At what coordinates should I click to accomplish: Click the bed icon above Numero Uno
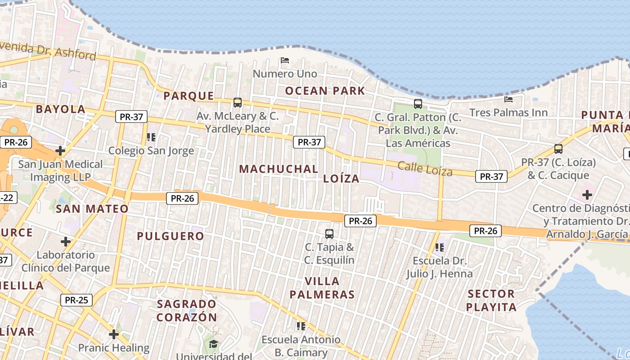[x=284, y=60]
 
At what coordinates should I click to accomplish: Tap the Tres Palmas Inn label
[x=508, y=112]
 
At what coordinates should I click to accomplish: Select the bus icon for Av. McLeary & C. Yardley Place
[x=238, y=103]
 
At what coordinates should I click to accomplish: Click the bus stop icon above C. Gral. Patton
[x=418, y=104]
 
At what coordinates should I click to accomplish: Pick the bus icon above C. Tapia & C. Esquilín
[x=329, y=234]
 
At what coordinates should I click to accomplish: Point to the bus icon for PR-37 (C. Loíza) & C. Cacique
[x=558, y=149]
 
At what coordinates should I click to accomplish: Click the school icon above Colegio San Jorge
[x=151, y=137]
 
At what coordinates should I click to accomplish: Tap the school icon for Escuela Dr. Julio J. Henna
[x=440, y=247]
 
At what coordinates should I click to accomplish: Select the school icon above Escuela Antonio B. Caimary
[x=301, y=326]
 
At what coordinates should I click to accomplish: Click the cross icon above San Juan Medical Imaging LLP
[x=60, y=150]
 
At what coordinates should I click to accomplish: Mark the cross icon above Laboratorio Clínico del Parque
[x=66, y=242]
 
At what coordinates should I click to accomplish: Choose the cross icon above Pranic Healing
[x=114, y=334]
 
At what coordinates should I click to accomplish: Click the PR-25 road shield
[x=76, y=300]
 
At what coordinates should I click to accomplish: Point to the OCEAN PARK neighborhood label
[x=325, y=91]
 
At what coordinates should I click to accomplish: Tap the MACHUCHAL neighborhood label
[x=279, y=169]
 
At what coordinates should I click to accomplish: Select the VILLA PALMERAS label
[x=322, y=288]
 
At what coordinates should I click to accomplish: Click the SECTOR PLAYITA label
[x=491, y=301]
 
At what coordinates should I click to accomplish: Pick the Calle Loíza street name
[x=425, y=169]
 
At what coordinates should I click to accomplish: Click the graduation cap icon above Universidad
[x=213, y=344]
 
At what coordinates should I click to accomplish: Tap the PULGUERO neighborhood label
[x=171, y=236]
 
